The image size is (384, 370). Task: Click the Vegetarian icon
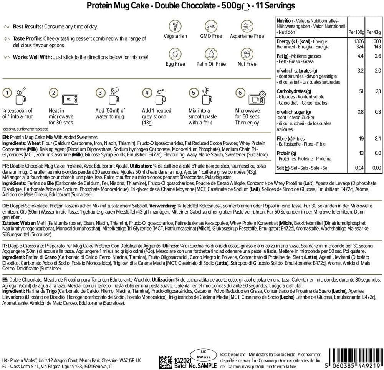tap(175, 26)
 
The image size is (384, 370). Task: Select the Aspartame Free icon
tap(246, 26)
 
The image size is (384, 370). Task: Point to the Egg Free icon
tap(175, 53)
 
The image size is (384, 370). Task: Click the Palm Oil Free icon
tap(211, 53)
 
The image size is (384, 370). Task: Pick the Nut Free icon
tap(246, 53)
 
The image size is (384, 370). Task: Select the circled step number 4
tap(146, 93)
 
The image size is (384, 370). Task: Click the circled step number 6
tap(240, 93)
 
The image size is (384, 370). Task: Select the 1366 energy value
tap(358, 41)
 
